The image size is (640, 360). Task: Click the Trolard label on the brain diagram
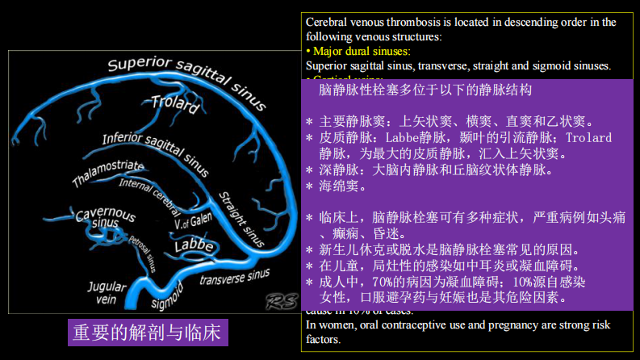click(x=175, y=104)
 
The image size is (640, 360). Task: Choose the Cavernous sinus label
click(x=105, y=217)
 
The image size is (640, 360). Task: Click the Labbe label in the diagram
click(x=194, y=245)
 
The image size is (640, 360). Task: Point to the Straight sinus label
click(x=241, y=217)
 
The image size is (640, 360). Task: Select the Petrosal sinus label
click(x=141, y=251)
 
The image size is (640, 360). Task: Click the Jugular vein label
click(x=107, y=292)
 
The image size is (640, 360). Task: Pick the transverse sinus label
click(x=234, y=276)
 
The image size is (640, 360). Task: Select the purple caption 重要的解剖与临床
click(x=146, y=333)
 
